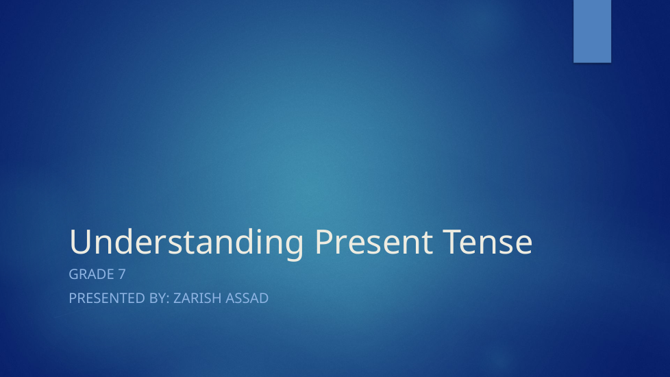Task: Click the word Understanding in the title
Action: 186,243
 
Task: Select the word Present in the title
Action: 374,241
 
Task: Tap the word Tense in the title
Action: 488,241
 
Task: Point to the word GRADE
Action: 91,274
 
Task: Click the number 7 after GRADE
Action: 122,274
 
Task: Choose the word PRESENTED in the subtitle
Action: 108,298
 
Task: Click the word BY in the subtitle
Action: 158,298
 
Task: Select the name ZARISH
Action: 197,298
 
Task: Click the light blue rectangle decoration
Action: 592,32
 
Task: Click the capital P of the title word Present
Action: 323,242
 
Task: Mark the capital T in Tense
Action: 452,242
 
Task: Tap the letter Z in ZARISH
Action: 177,298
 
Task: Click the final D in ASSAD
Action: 264,298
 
